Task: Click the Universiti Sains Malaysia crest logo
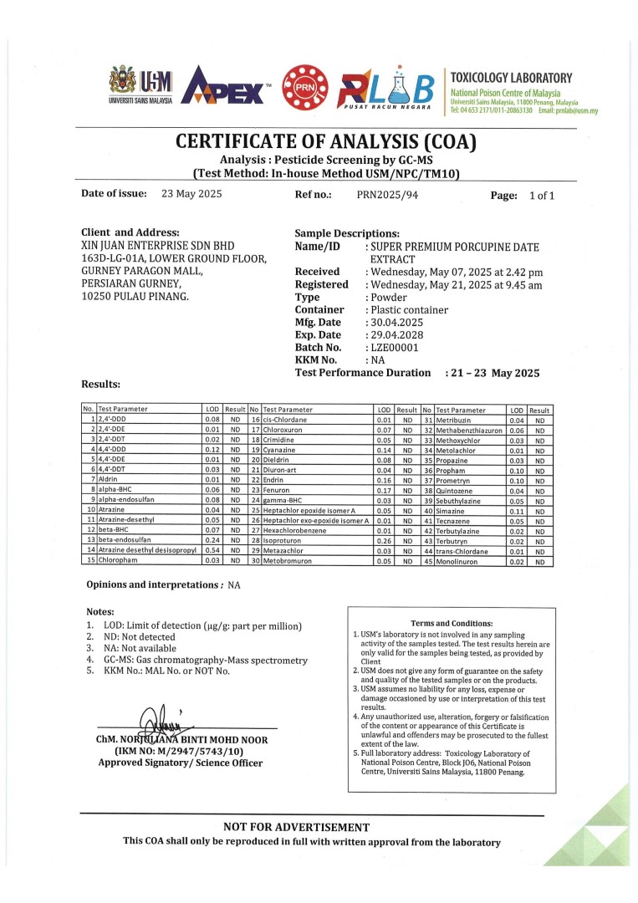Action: click(126, 84)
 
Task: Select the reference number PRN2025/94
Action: click(385, 195)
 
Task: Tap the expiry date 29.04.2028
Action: click(396, 334)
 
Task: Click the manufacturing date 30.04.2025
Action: click(396, 322)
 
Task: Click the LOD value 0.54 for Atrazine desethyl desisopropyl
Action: click(212, 551)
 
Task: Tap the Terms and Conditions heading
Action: click(452, 623)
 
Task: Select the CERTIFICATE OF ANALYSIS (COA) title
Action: click(325, 142)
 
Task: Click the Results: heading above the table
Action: click(100, 385)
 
